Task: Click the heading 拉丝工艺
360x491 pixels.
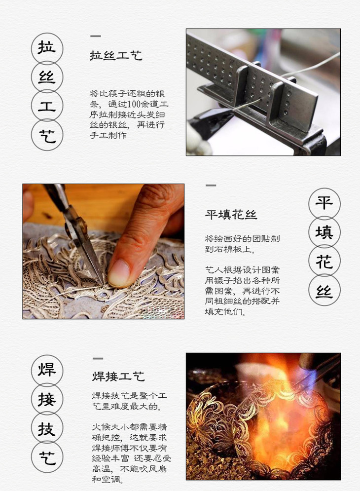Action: (116, 56)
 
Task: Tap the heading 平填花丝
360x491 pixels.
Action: (231, 215)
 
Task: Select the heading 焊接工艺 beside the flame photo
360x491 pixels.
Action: (118, 376)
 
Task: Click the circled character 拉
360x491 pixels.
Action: (47, 48)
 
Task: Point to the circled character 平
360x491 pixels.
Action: (324, 203)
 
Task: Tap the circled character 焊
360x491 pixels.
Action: (47, 370)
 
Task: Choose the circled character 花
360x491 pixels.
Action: (324, 261)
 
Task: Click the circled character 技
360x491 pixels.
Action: (47, 428)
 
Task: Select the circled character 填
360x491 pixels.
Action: (324, 232)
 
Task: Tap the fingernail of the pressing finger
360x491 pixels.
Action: (118, 273)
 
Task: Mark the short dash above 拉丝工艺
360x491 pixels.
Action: (96, 37)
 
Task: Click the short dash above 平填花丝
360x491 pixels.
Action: (211, 186)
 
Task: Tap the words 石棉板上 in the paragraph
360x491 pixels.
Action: (235, 250)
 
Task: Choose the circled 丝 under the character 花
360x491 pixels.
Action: (324, 290)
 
